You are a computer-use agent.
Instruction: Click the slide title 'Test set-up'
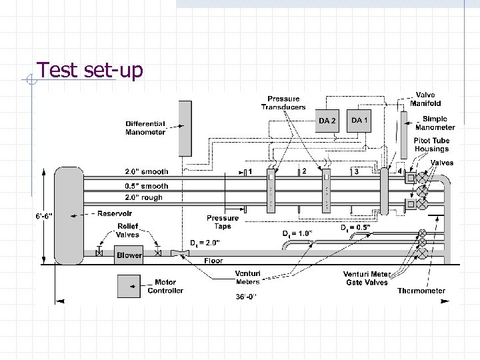89,70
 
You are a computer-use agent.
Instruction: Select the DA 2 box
327,121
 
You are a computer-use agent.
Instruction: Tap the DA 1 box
359,120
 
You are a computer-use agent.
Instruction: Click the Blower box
129,255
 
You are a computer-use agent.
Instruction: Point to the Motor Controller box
130,286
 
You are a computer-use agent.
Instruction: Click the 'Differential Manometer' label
145,128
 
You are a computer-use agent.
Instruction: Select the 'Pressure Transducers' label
283,103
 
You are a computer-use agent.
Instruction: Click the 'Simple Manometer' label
435,123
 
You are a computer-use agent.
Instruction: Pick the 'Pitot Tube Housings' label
431,145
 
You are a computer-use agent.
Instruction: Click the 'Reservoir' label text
115,214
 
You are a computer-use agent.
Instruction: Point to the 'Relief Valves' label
128,231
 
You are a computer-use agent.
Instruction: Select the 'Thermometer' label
421,291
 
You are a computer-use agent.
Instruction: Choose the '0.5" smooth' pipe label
147,186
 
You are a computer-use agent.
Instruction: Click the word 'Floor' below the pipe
213,261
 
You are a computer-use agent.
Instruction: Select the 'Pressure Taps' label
223,222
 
